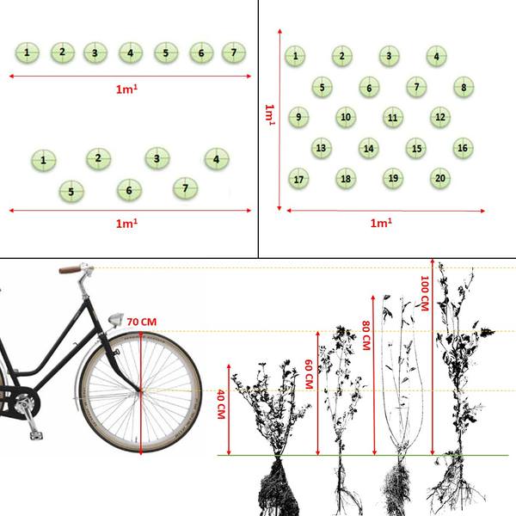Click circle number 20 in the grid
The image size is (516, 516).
(x=440, y=178)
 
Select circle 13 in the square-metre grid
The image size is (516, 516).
(x=321, y=148)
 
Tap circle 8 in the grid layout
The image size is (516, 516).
(x=464, y=87)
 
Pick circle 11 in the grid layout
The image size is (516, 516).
(x=393, y=118)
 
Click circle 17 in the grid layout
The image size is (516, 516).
(x=298, y=179)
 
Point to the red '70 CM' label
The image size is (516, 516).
(x=142, y=322)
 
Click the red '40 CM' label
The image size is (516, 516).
(x=221, y=404)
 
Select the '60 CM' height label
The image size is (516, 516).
(x=309, y=374)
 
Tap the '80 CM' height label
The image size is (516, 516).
(x=366, y=335)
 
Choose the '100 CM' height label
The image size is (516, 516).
(x=425, y=293)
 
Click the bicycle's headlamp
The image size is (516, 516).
(x=115, y=319)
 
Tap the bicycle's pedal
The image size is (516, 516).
(x=36, y=435)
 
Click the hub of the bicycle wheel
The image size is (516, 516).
(x=141, y=390)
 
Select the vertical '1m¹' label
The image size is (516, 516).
(x=270, y=114)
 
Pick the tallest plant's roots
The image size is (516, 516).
(x=456, y=483)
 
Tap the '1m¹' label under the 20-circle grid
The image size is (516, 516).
(x=381, y=223)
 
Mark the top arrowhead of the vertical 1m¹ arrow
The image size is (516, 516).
(x=279, y=31)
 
